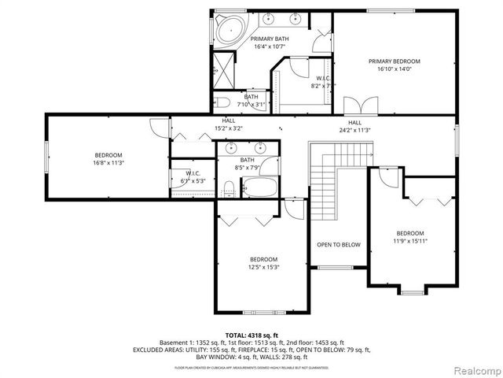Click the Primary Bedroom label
click(x=395, y=65)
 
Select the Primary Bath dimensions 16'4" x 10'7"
click(x=269, y=46)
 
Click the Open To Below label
click(x=338, y=245)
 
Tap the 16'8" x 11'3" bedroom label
click(x=108, y=158)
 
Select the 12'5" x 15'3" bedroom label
click(x=263, y=263)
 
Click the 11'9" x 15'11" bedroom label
click(x=409, y=237)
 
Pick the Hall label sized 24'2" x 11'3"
click(x=354, y=126)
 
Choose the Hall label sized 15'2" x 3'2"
click(x=229, y=124)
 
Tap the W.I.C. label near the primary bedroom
click(x=323, y=82)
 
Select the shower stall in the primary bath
click(x=224, y=70)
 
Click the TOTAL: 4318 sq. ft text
click(x=253, y=335)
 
